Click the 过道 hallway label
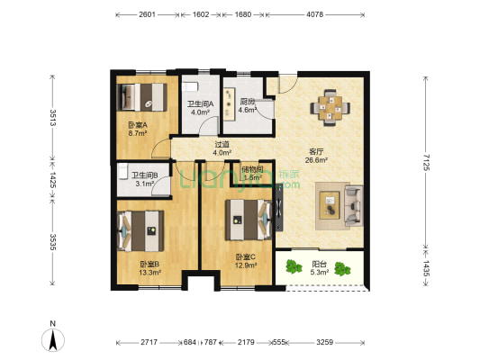pyautogui.click(x=222, y=148)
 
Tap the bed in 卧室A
pyautogui.click(x=142, y=95)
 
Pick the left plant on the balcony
pyautogui.click(x=292, y=267)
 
